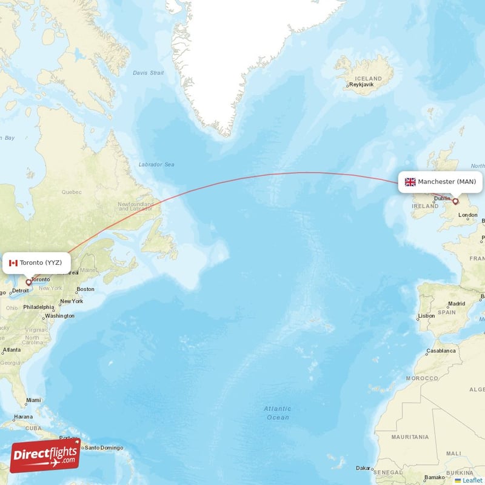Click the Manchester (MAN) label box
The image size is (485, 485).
[x=440, y=182]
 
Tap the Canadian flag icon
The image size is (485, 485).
[x=13, y=263]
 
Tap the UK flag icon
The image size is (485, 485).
[x=410, y=182]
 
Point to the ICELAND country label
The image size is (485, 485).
[x=369, y=78]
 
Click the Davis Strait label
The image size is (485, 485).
[x=149, y=73]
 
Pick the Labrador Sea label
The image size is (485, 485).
[x=156, y=164]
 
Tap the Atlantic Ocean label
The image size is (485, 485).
[x=277, y=413]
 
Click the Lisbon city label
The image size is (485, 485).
[x=427, y=316]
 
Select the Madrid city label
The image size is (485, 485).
[x=457, y=304]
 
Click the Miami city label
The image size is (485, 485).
[x=33, y=400]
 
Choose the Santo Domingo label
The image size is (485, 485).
[x=104, y=448]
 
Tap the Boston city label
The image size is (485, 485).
[x=85, y=289]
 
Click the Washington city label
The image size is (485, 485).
[x=59, y=316]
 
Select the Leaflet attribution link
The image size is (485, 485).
[x=472, y=480]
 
